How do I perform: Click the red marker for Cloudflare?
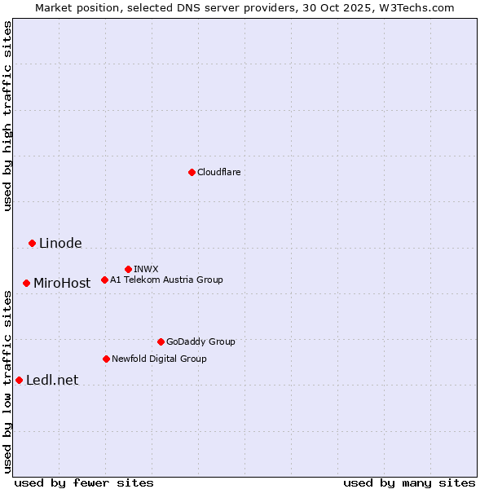point(192,172)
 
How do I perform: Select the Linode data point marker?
point(32,243)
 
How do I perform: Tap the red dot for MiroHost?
point(26,283)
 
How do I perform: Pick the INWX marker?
point(128,269)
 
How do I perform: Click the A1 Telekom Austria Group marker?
point(104,280)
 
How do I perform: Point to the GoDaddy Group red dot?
point(161,341)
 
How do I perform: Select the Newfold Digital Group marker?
point(106,359)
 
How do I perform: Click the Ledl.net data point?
point(19,380)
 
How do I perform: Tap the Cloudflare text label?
point(218,172)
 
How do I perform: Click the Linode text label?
point(60,243)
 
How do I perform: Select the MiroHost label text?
point(62,284)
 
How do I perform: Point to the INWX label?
point(146,269)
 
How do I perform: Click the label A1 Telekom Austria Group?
point(166,280)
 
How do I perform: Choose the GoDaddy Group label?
point(200,341)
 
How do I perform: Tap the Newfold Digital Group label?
point(159,359)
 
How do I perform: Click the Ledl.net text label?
point(52,380)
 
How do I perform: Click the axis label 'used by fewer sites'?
point(84,482)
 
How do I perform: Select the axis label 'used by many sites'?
point(409,482)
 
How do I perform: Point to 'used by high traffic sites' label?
point(7,116)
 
